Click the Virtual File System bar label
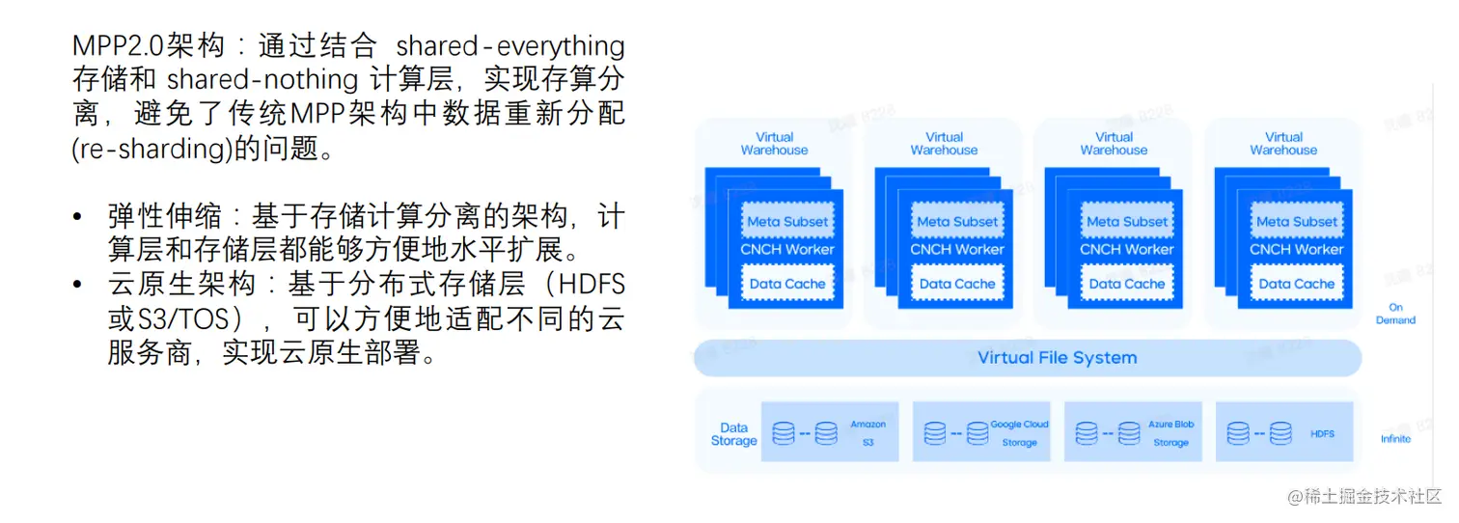[x=1057, y=358]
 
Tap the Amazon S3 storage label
[x=867, y=433]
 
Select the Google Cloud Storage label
[x=1019, y=433]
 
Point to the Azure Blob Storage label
[x=1170, y=433]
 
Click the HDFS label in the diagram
[x=1322, y=434]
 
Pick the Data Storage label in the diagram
[x=733, y=434]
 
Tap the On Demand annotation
[x=1395, y=314]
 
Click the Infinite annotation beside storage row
[x=1395, y=439]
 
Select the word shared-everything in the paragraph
[x=510, y=45]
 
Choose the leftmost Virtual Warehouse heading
[x=774, y=144]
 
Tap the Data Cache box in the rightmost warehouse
[x=1296, y=284]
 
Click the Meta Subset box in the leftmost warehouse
[x=786, y=222]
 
